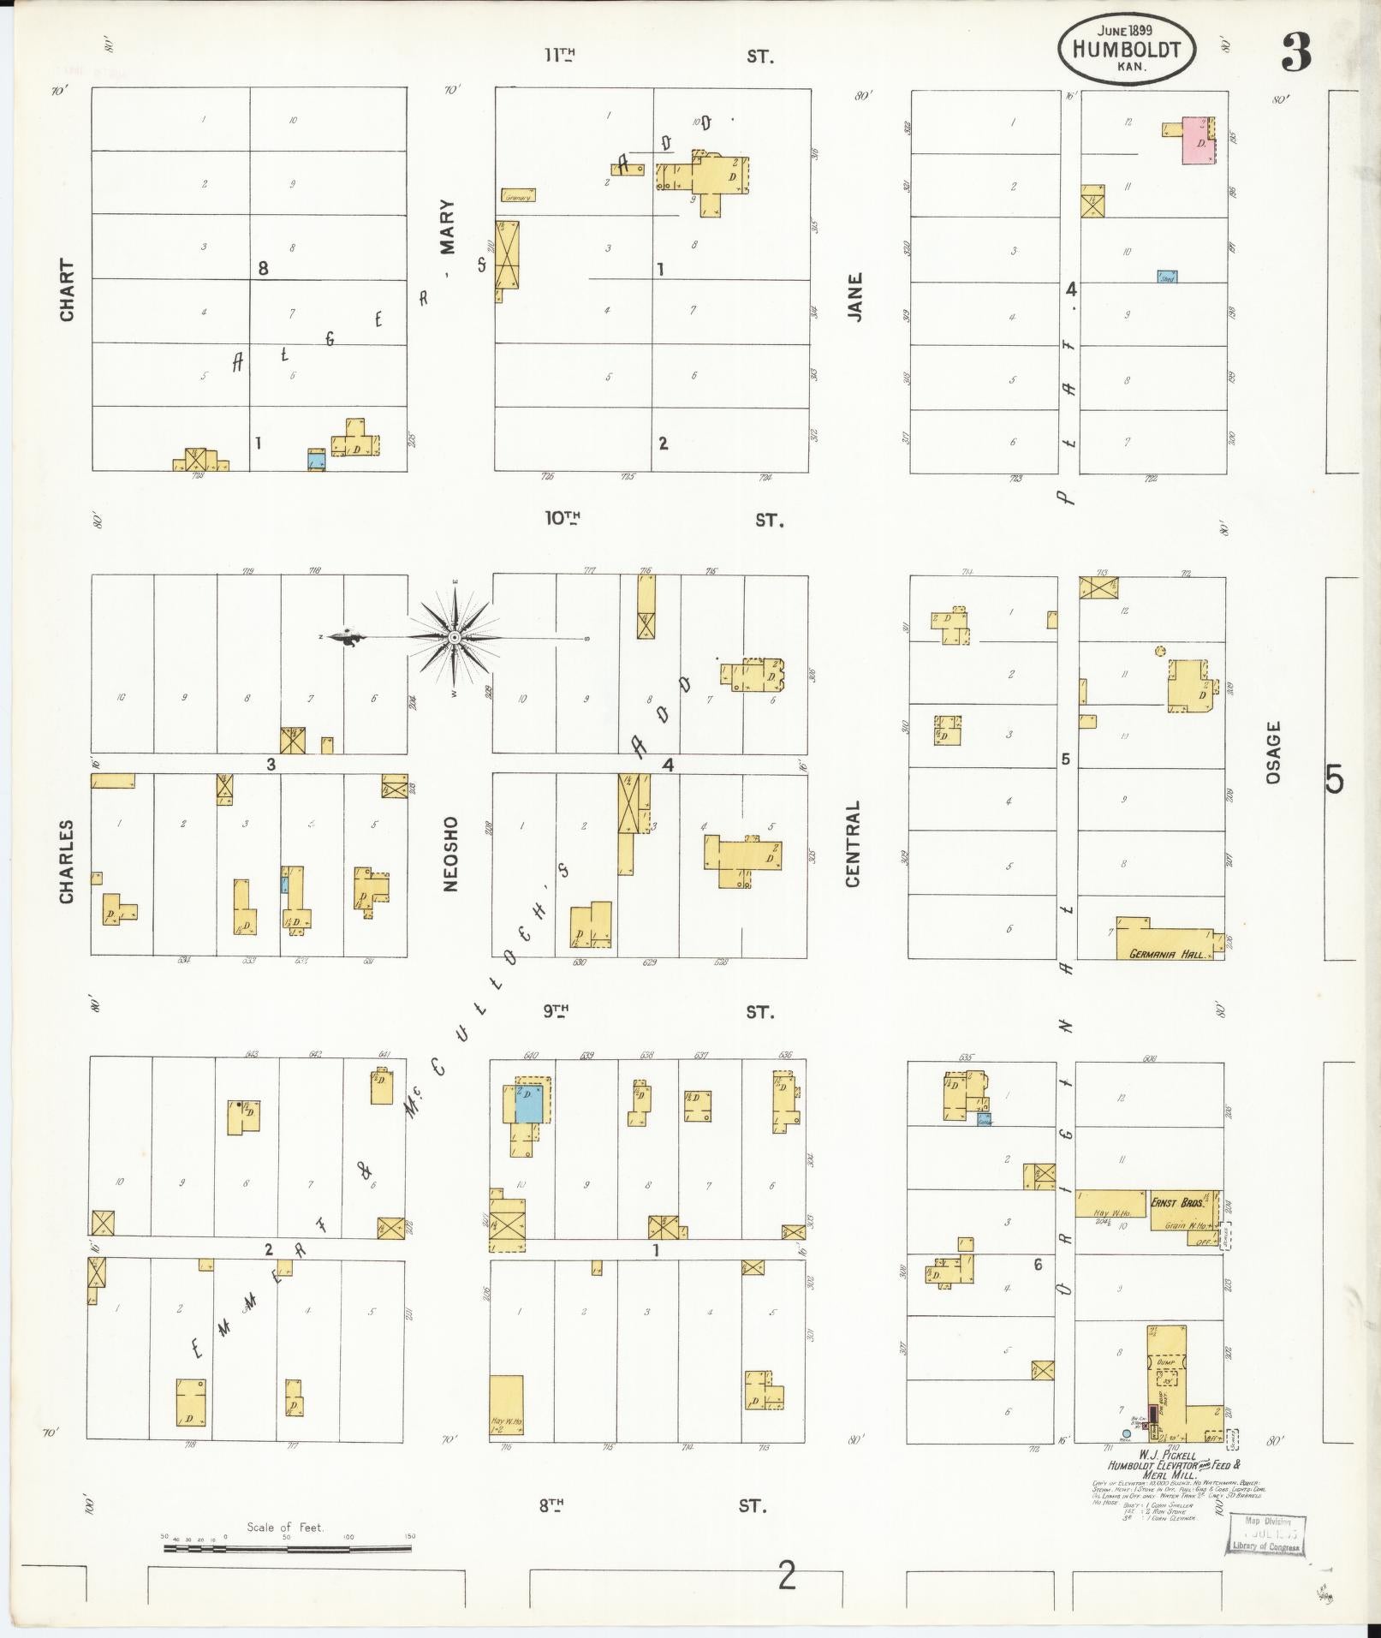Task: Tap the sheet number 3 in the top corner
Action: (1296, 54)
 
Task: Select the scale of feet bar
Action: (287, 1548)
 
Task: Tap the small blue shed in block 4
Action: (1167, 277)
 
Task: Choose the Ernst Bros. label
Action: (1179, 1203)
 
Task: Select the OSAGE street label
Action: (1273, 752)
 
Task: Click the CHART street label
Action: (67, 290)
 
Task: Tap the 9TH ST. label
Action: (659, 1012)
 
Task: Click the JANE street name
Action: (854, 297)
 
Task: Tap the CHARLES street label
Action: (67, 861)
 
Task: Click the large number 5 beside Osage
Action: (1334, 779)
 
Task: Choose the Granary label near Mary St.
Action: (516, 196)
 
